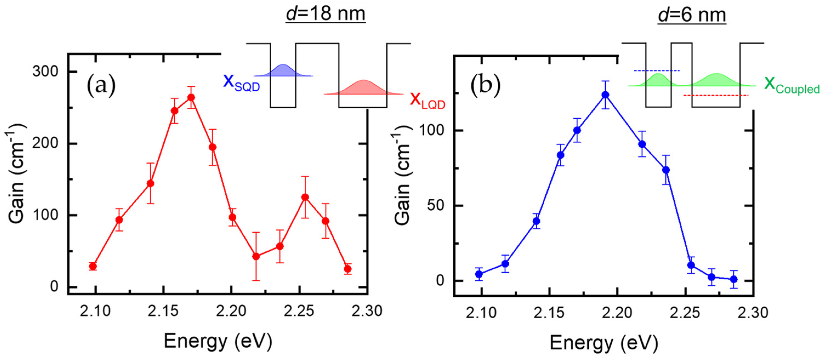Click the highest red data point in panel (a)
[x=191, y=97]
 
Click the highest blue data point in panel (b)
[x=605, y=95]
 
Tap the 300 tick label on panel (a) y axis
[x=45, y=72]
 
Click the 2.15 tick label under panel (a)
[x=163, y=311]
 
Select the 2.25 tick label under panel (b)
[x=685, y=313]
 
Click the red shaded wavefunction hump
[x=363, y=88]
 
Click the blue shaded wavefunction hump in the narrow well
[x=283, y=71]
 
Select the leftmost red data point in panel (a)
[x=93, y=266]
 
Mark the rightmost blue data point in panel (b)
[x=733, y=279]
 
